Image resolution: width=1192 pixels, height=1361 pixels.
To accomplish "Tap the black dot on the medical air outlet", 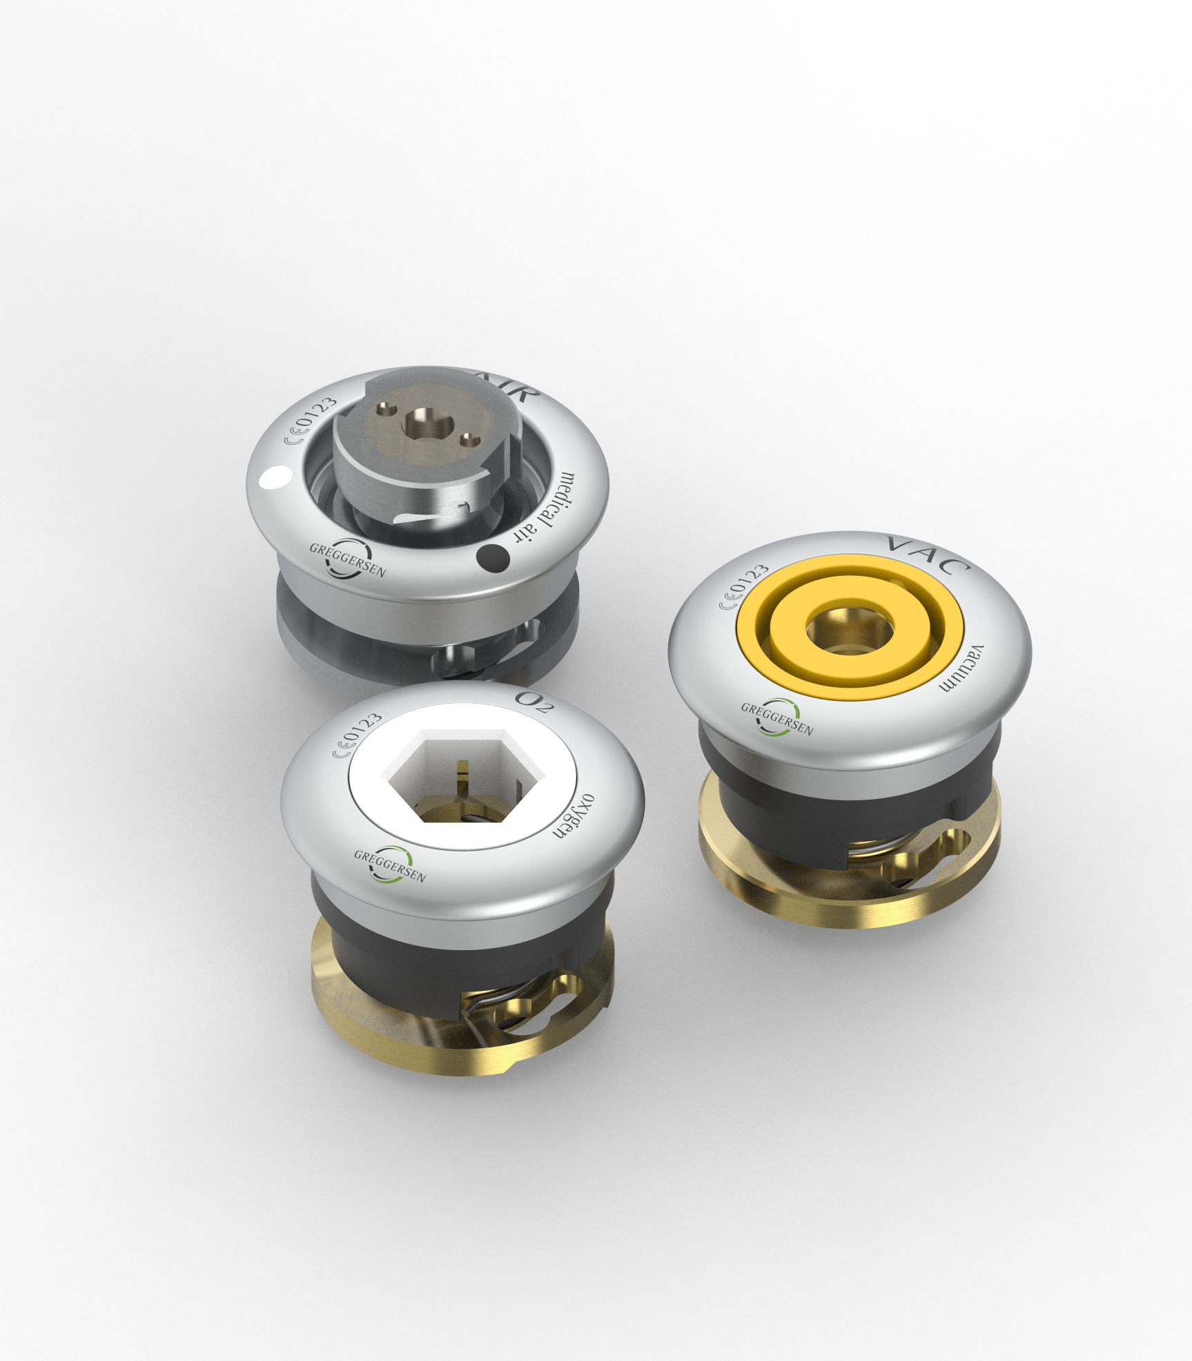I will tap(493, 558).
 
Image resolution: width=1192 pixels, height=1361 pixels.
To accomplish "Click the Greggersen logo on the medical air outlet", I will tap(347, 558).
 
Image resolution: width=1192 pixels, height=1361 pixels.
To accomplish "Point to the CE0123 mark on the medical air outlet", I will tap(312, 421).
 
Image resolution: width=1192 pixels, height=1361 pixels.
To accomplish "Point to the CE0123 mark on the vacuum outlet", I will tap(745, 586).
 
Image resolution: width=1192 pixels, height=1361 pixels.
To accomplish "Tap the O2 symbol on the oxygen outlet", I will tap(534, 702).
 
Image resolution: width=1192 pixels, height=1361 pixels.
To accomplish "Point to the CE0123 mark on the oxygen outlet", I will tap(358, 735).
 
